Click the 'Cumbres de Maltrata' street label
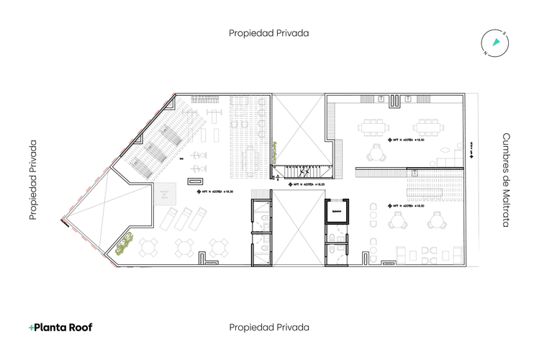[x=506, y=180]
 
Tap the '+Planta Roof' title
[x=60, y=327]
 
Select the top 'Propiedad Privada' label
[x=269, y=33]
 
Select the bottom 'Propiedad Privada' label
[x=269, y=327]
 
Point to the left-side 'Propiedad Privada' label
[x=33, y=180]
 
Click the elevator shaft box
[x=336, y=211]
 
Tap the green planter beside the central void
[x=274, y=153]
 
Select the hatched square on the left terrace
[x=168, y=192]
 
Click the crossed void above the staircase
[x=301, y=130]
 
